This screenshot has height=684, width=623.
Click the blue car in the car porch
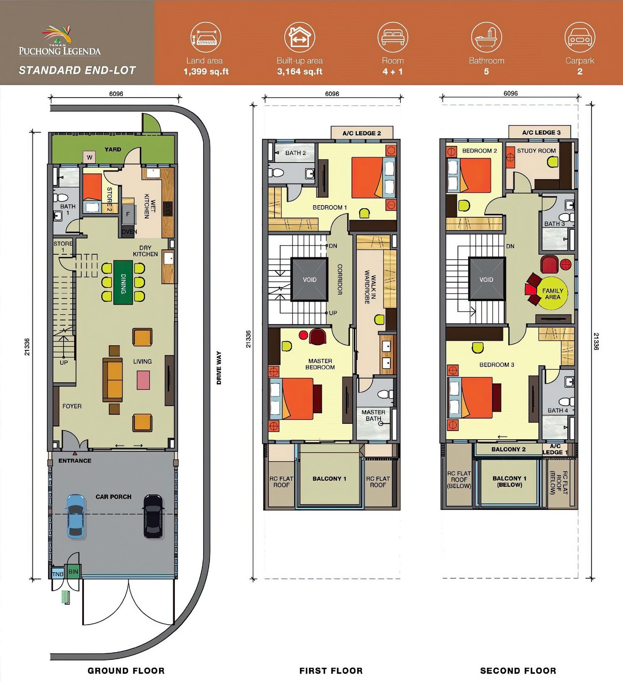tap(76, 517)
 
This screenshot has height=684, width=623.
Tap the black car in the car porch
tap(153, 517)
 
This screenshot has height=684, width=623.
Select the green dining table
tap(123, 282)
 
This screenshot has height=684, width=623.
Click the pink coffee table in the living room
tap(143, 380)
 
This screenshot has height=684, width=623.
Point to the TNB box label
tap(58, 574)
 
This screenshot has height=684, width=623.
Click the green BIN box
tap(73, 571)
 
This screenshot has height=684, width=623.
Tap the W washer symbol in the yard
tap(89, 157)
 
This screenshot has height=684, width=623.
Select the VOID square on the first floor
tap(309, 279)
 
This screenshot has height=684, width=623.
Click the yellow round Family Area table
tap(553, 293)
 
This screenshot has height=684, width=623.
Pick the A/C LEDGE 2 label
tap(362, 133)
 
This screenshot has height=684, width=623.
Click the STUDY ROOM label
tap(536, 151)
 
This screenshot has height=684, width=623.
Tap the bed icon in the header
tap(392, 37)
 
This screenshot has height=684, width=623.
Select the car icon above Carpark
tap(580, 37)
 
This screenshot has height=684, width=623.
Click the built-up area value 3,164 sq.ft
tap(299, 71)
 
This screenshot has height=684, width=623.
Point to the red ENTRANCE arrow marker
tap(75, 454)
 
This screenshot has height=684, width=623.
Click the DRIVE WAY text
tap(219, 368)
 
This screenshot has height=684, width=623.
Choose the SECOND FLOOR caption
tap(518, 671)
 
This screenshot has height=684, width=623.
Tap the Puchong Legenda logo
tap(60, 41)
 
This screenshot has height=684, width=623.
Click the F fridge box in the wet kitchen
tap(128, 214)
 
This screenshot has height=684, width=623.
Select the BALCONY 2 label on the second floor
tap(508, 449)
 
